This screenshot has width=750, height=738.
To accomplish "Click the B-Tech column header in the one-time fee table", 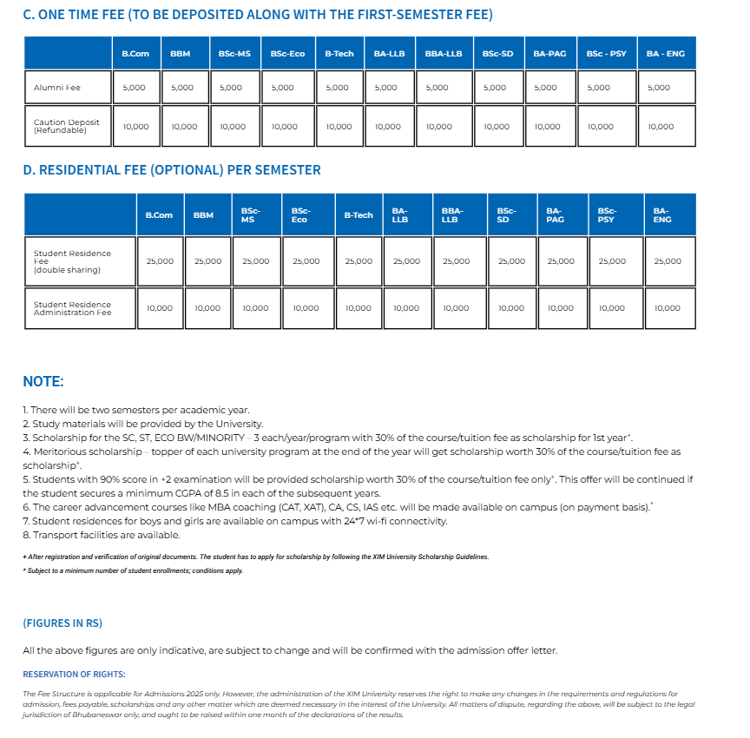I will click(339, 54).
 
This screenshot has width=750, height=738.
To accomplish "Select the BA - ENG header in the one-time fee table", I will click(666, 54).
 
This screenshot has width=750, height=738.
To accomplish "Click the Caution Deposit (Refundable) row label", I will click(66, 126).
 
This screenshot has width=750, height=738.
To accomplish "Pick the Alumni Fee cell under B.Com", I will click(135, 88).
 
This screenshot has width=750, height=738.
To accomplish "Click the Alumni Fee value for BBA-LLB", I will click(437, 88).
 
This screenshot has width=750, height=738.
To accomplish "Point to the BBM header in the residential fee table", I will click(203, 215).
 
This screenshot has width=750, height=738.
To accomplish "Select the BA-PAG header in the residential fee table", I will click(555, 215).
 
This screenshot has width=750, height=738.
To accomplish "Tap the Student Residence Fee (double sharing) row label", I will click(72, 261).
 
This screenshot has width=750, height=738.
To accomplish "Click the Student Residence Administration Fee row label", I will click(72, 308).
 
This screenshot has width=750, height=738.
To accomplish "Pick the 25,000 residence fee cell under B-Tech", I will click(359, 261).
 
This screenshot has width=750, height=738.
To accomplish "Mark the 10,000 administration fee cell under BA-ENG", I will click(668, 308).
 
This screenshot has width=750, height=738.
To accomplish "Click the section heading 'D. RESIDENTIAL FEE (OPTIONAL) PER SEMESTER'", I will click(172, 170).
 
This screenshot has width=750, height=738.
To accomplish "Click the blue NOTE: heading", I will click(43, 381).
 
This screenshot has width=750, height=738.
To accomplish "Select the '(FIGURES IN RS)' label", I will click(62, 623).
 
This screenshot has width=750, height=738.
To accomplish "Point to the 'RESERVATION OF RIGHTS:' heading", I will click(74, 674).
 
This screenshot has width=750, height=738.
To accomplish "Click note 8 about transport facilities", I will click(102, 535).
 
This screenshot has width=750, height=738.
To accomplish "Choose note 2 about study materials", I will click(142, 423).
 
